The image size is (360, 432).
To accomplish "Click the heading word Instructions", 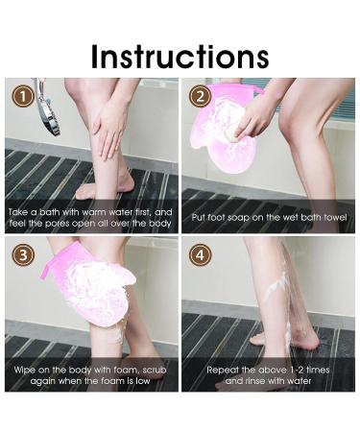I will coord(180,56).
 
